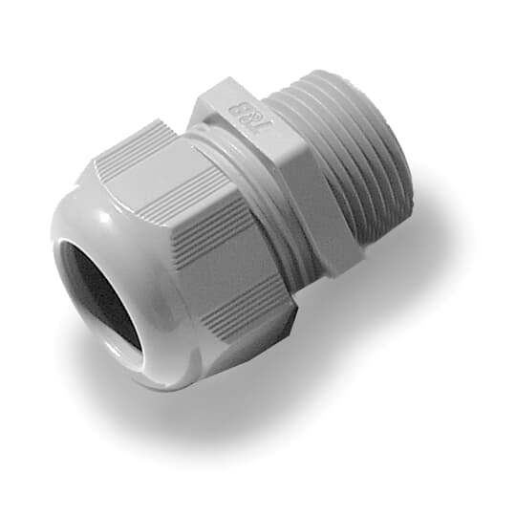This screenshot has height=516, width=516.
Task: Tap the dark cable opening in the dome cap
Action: [96, 296]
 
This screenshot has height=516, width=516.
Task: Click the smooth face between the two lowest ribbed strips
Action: [229, 277]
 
